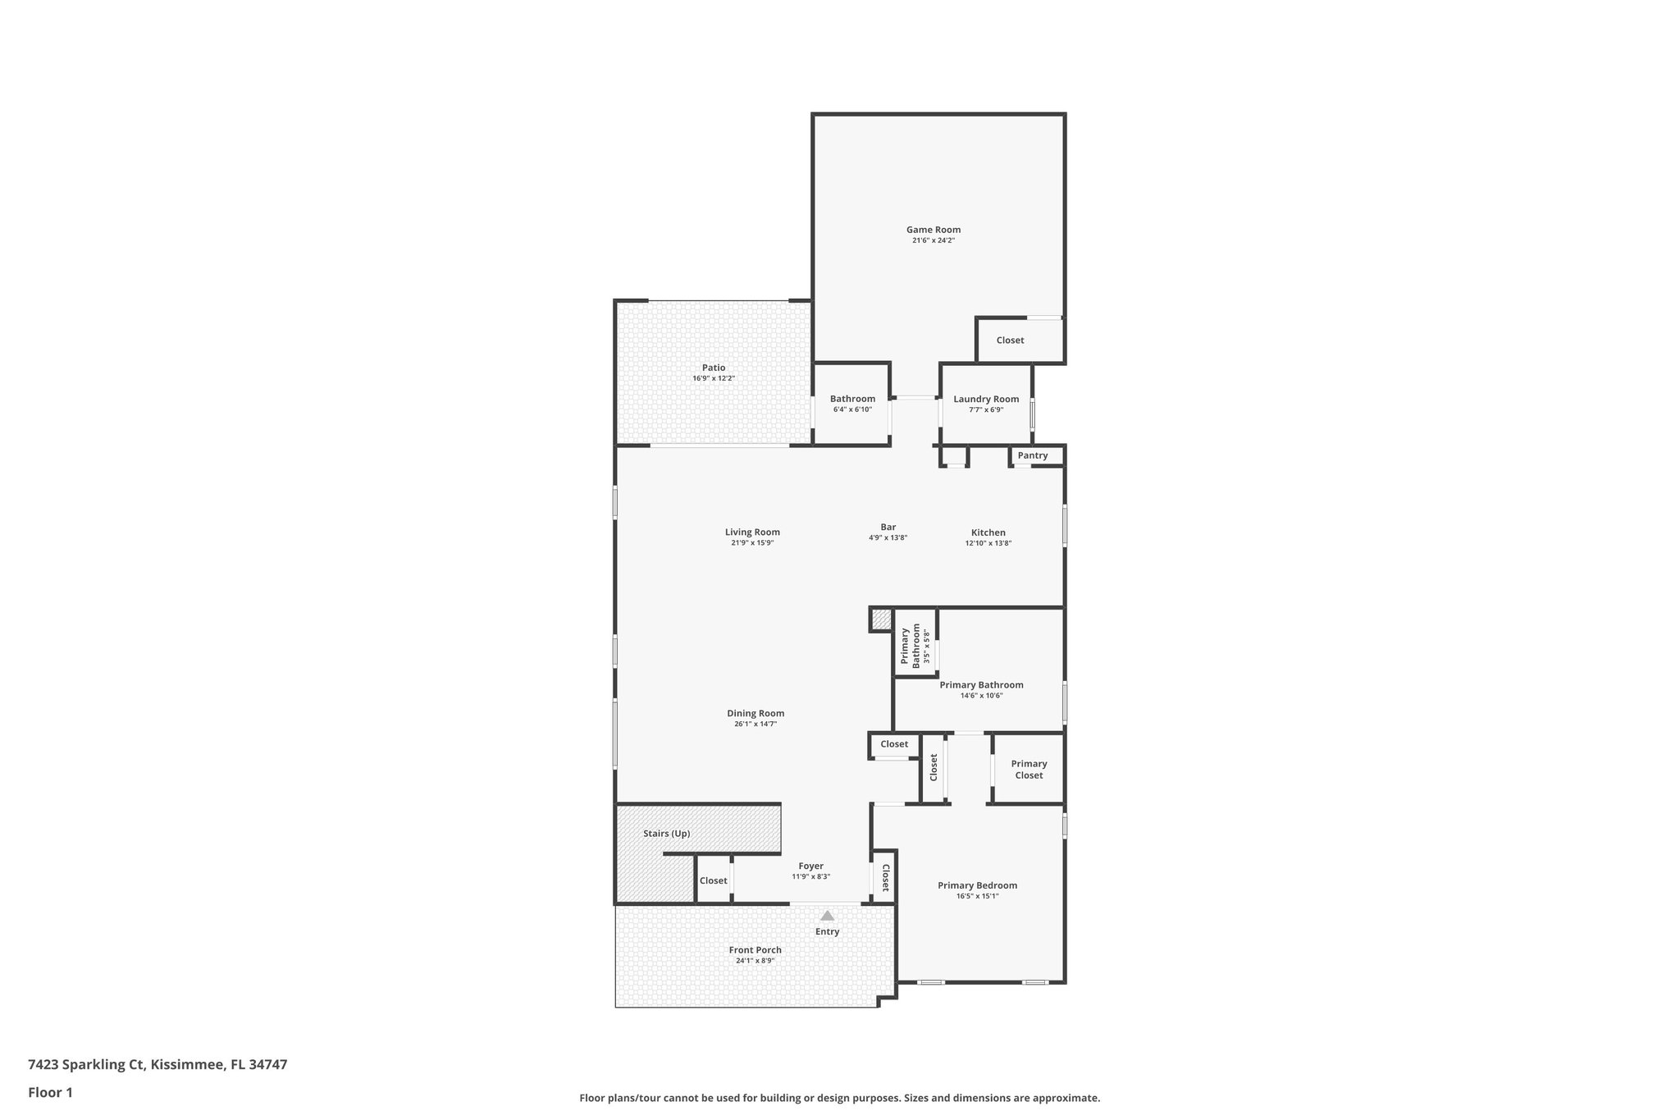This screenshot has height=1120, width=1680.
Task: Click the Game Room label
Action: tap(933, 230)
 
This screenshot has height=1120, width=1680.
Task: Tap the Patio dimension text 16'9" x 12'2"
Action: tap(713, 378)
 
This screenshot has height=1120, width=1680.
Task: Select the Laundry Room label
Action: tap(986, 399)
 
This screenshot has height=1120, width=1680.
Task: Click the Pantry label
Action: tap(1032, 455)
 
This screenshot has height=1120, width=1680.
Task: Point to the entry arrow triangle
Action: tap(827, 915)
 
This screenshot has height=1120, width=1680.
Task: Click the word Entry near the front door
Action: tap(827, 931)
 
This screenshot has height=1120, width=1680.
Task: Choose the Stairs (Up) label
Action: tap(666, 833)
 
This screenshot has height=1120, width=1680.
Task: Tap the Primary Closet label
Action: tap(1029, 769)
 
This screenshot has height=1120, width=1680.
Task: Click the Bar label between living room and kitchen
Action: tap(888, 527)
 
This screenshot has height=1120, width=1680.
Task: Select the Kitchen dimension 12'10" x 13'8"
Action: tap(988, 543)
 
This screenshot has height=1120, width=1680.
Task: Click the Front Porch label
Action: tap(755, 949)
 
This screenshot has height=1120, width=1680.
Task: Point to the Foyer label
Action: tap(810, 866)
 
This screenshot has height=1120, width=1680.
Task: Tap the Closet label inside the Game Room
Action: tap(1010, 340)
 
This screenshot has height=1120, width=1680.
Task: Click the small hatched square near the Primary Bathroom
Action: tap(881, 619)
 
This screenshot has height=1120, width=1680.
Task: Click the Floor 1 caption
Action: tap(50, 1092)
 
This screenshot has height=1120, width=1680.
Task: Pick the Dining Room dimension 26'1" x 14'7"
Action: tap(755, 724)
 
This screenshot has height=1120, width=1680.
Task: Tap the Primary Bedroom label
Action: tap(977, 885)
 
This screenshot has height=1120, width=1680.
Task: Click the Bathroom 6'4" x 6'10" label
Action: tap(852, 399)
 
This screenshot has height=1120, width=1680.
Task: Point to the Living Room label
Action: tap(752, 532)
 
